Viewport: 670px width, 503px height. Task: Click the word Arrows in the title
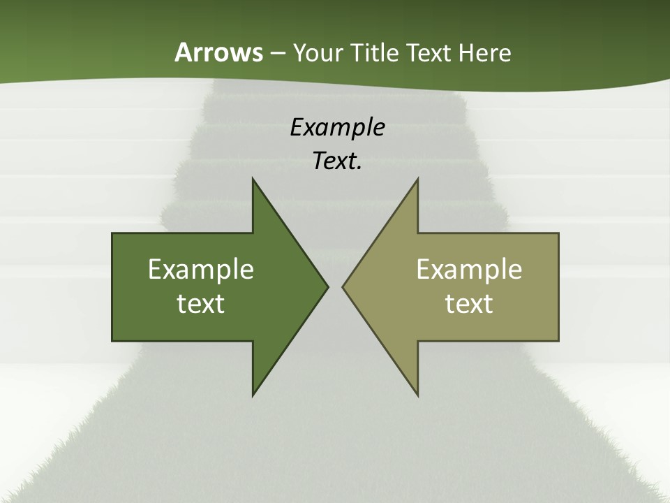coord(218,52)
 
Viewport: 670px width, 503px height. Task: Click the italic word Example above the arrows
coord(337,127)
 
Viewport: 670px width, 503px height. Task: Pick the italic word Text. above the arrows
coord(337,161)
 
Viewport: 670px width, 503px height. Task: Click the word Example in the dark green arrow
coord(201,269)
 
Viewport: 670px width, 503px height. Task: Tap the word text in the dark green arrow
coord(201,303)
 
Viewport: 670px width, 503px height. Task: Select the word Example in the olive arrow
coord(469,269)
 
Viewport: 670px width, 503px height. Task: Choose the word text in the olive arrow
coord(469,303)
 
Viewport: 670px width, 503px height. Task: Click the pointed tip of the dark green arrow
coord(328,286)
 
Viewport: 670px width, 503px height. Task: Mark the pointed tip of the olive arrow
coord(343,286)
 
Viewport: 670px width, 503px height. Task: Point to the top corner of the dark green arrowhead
coord(253,179)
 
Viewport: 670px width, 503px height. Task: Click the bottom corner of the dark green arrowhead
coord(253,395)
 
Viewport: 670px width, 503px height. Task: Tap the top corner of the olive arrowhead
coord(417,179)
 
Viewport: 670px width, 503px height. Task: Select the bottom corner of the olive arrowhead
coord(417,395)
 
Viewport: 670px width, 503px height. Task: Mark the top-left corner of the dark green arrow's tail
coord(112,233)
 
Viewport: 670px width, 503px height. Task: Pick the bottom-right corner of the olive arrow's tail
coord(558,341)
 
